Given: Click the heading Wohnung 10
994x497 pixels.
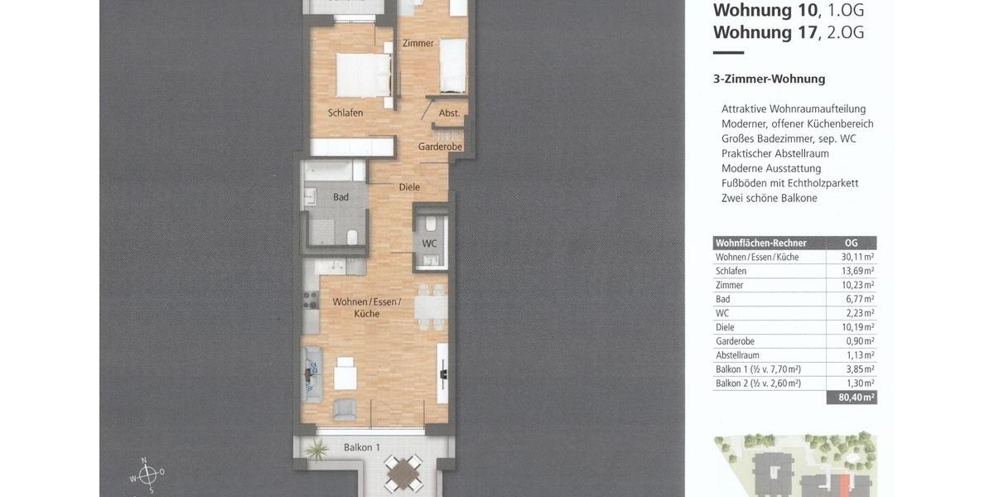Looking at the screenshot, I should pos(763,10).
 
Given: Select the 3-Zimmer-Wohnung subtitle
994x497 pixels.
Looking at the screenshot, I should pos(769,79).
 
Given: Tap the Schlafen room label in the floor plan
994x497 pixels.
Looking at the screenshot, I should pos(345,113).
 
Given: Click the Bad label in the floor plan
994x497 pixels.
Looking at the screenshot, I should pos(340,197).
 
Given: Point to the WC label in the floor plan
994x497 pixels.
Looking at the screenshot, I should pos(429,244).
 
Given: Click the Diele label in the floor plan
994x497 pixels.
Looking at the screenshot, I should pos(409,187).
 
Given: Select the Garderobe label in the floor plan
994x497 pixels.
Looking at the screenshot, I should pos(440,147).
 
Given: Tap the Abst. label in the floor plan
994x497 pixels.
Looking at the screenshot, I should pos(449,113).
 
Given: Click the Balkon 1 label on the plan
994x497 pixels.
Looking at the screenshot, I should pos(362,447).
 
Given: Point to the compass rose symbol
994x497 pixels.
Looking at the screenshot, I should pos(147,475).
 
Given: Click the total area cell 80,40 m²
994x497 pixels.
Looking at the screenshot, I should pos(852,398).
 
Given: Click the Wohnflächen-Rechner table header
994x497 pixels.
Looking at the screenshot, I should pos(760,243).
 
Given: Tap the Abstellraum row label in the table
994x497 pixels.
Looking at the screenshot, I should pos(737,355).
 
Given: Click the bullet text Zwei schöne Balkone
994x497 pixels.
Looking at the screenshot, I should pos(769,198).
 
